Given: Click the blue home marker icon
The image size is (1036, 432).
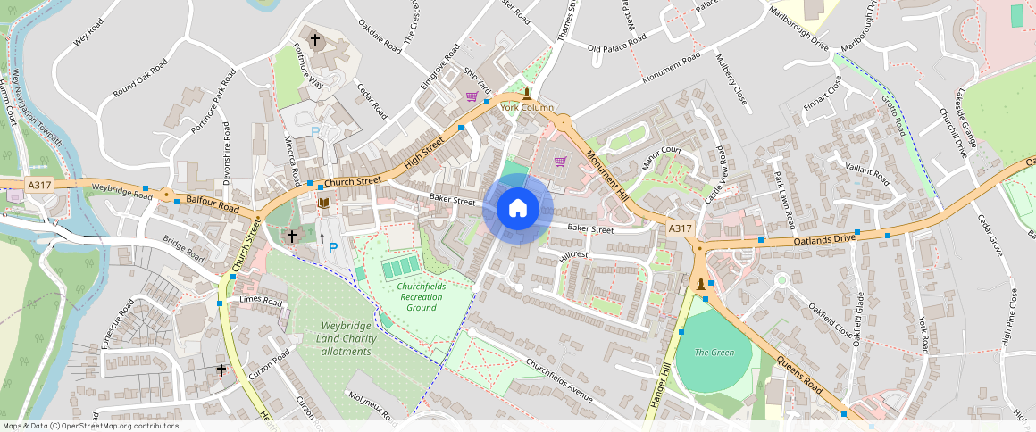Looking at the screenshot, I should click(517, 209).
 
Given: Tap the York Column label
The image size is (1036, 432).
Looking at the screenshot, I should click(527, 108).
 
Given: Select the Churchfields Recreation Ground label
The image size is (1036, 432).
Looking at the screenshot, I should click(421, 296).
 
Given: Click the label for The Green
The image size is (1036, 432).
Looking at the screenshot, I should click(714, 353).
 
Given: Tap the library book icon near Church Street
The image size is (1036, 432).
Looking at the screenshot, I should click(324, 204).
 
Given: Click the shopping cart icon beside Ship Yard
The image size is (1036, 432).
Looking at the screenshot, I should click(472, 96).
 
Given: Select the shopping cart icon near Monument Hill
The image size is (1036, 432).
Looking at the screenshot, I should click(560, 162).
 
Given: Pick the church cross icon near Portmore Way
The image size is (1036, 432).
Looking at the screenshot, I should click(314, 40).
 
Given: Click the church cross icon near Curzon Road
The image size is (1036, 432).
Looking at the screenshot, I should click(221, 370).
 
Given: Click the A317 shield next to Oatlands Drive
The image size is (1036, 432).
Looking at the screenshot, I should click(680, 229).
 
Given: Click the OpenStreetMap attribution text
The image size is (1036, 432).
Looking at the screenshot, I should click(91, 426).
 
